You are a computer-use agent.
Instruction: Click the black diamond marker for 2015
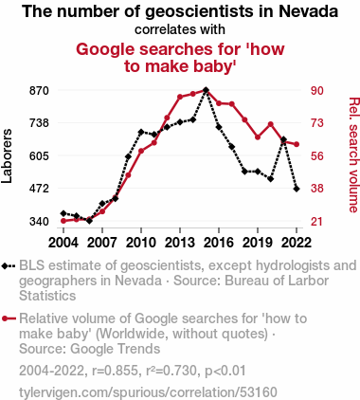tap(206, 90)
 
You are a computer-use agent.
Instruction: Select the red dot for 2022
tap(297, 144)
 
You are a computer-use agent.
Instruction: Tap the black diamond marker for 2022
tap(297, 189)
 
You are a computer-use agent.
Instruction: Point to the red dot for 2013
tap(180, 97)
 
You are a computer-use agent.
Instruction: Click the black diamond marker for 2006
tap(89, 221)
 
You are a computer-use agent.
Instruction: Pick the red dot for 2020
tap(271, 124)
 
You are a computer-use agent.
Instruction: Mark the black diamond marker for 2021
tap(283, 139)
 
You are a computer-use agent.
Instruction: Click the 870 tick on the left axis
tap(39, 91)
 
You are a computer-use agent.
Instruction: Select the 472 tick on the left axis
tap(39, 189)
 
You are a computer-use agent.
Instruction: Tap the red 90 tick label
tap(317, 91)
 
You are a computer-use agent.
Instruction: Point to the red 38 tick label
tap(317, 189)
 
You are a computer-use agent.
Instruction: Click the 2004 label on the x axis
tap(63, 243)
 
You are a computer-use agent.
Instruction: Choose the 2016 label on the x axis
tap(219, 243)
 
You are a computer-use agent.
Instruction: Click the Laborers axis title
tap(7, 155)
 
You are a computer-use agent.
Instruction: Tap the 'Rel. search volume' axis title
tap(353, 155)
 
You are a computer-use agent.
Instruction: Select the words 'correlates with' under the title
tap(180, 29)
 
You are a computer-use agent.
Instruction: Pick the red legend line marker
tap(9, 318)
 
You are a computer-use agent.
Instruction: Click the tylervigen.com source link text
tap(148, 392)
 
